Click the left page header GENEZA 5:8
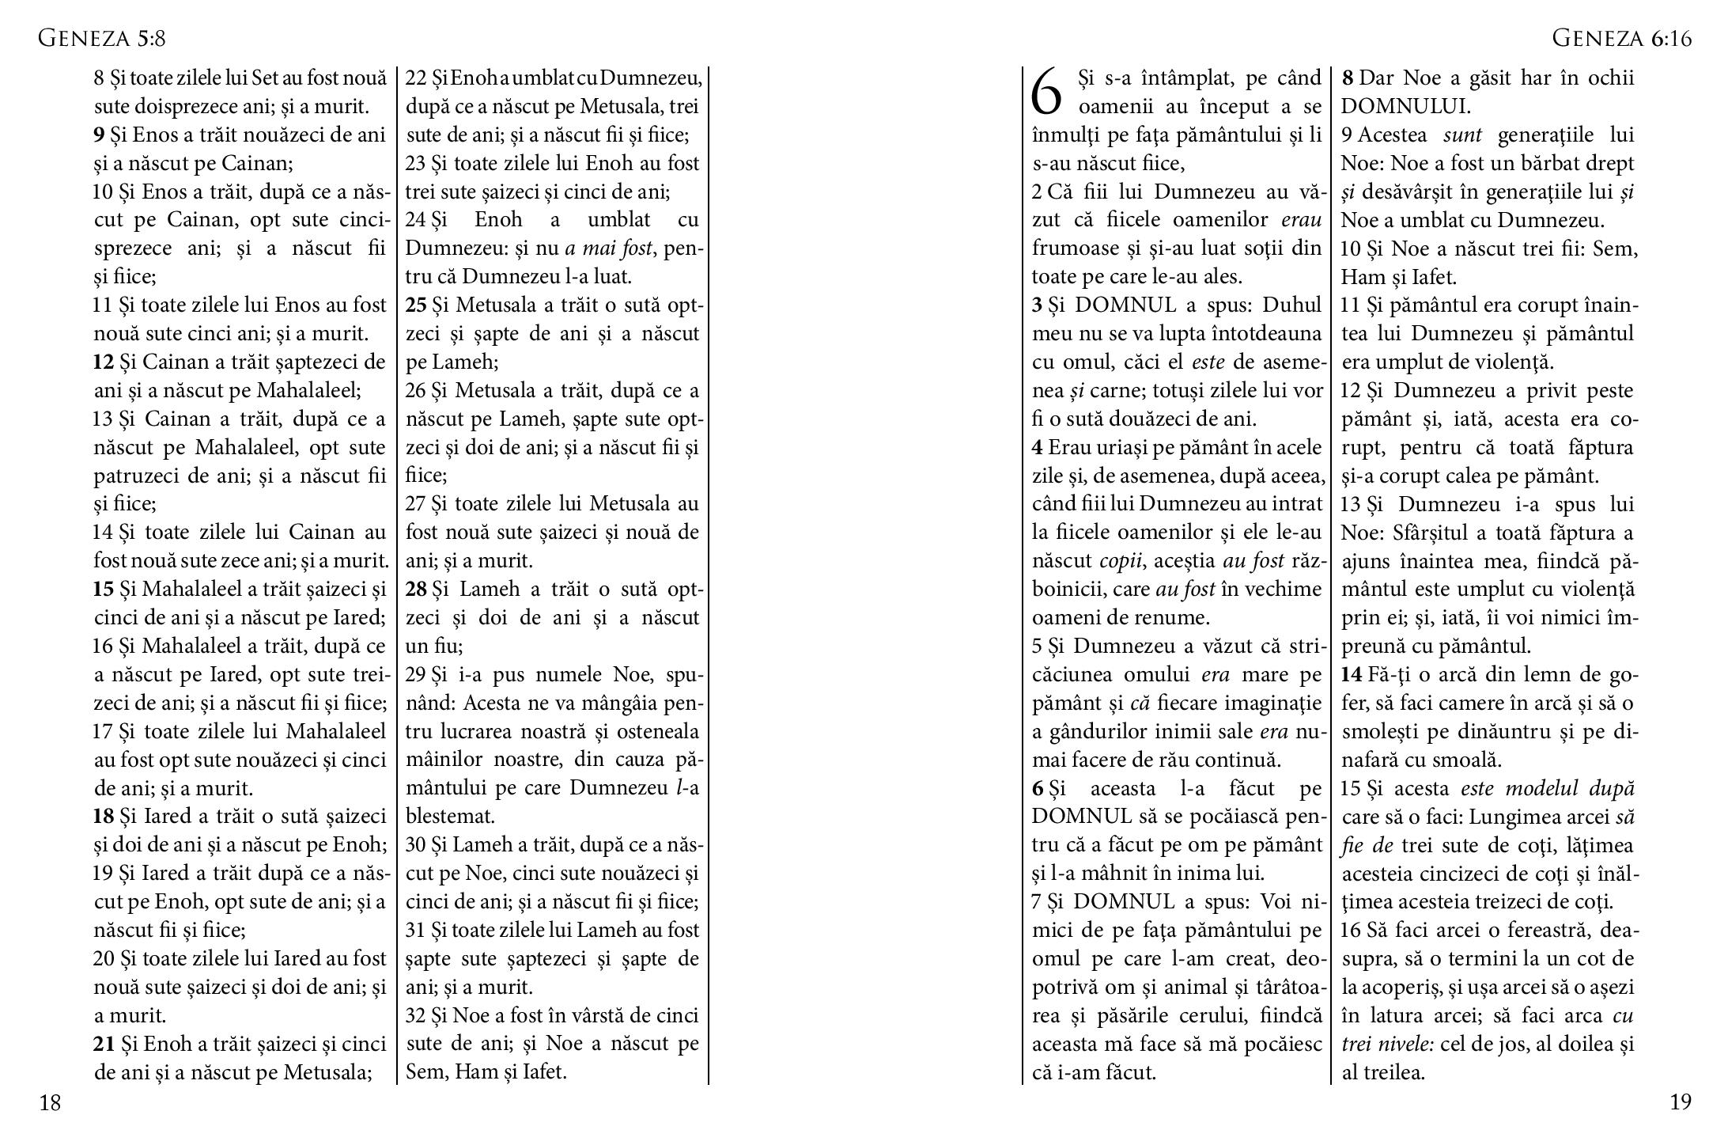(102, 38)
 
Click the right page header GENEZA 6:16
(1621, 38)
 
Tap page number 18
(50, 1102)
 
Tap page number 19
(1681, 1102)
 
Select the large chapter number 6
(1048, 93)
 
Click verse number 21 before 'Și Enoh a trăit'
(104, 1045)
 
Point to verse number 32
(417, 1016)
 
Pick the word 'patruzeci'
(138, 476)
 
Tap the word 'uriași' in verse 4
(1117, 448)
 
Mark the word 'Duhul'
(1291, 305)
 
